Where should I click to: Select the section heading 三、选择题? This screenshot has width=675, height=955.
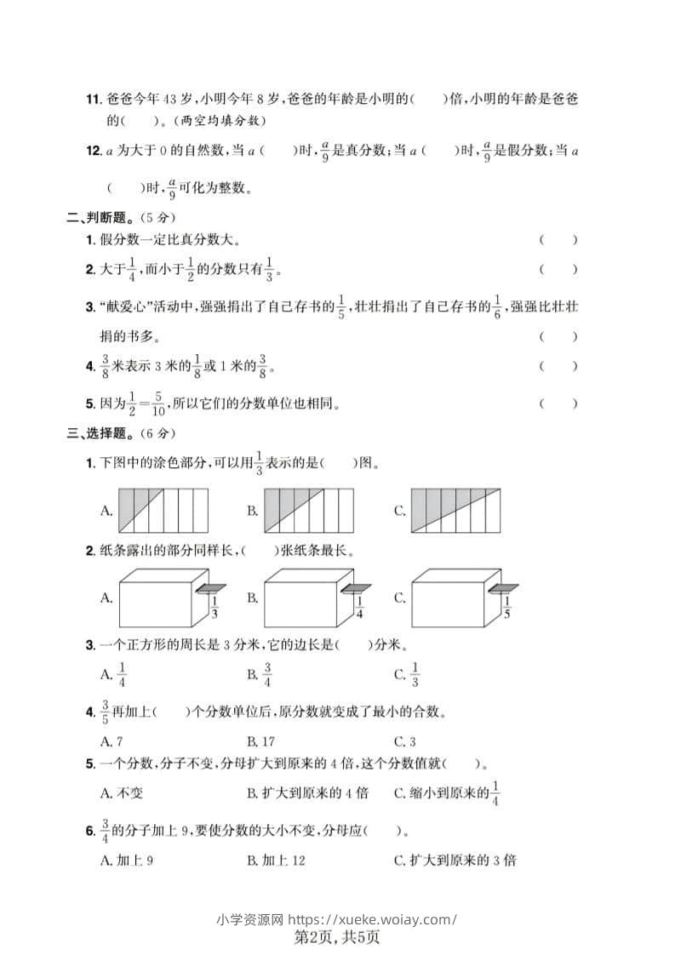pyautogui.click(x=102, y=433)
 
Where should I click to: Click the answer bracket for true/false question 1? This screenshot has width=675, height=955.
pyautogui.click(x=558, y=240)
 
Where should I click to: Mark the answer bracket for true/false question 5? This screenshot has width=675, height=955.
pyautogui.click(x=558, y=403)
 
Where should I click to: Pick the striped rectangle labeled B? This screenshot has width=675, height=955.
pyautogui.click(x=309, y=511)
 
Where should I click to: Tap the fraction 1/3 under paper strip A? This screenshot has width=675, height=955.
pyautogui.click(x=214, y=609)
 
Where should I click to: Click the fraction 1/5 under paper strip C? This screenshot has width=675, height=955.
pyautogui.click(x=507, y=609)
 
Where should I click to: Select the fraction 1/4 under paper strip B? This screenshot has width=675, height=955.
pyautogui.click(x=359, y=609)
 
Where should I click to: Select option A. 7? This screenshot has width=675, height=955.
pyautogui.click(x=112, y=741)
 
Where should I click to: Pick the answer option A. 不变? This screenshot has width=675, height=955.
pyautogui.click(x=122, y=792)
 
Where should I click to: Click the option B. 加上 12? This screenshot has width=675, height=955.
pyautogui.click(x=277, y=861)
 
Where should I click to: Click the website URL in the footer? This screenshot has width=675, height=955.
pyautogui.click(x=373, y=919)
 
